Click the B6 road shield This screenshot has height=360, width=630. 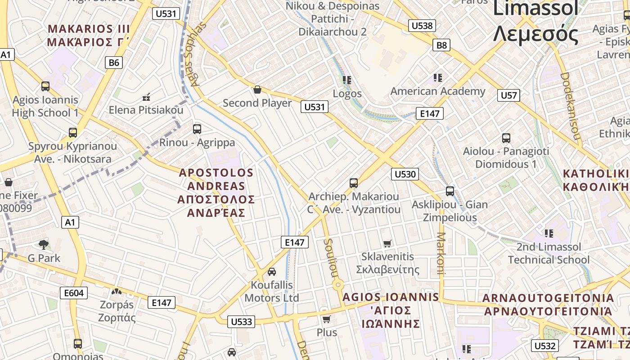[114, 63]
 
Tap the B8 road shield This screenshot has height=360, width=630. [441, 45]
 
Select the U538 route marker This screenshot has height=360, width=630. [422, 26]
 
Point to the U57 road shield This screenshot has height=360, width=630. [509, 95]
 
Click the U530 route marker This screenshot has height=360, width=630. [405, 174]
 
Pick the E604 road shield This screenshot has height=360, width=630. [74, 293]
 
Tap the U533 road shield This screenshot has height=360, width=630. [241, 321]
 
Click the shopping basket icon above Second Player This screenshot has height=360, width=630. [257, 90]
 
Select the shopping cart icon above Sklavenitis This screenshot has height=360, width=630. [387, 244]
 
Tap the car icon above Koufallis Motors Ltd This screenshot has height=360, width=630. [272, 272]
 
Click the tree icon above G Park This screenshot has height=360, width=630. [44, 245]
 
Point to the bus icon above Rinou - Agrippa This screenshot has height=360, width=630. [197, 129]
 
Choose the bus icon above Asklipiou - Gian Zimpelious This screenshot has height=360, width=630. [450, 191]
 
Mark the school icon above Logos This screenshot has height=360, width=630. [347, 80]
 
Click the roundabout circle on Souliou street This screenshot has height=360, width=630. [338, 285]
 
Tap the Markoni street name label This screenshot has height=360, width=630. [441, 253]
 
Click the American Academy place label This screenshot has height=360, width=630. [438, 91]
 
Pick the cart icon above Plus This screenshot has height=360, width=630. [327, 319]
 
